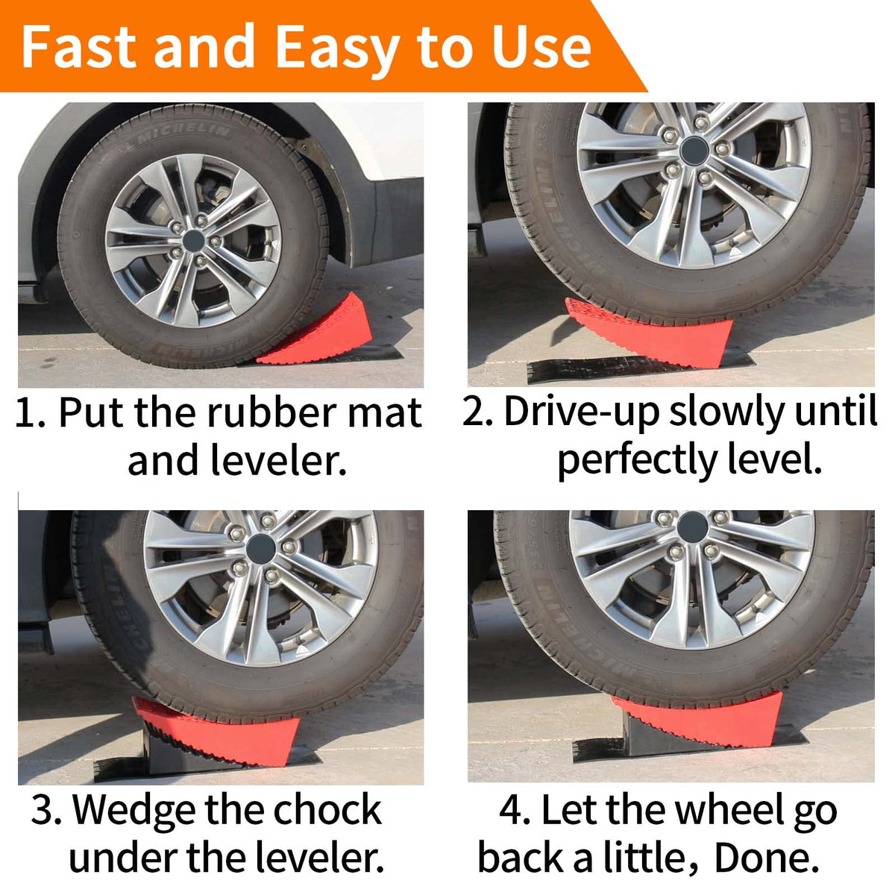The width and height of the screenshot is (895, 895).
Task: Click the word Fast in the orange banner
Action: click(78, 47)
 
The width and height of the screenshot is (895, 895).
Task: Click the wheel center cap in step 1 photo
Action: click(193, 241)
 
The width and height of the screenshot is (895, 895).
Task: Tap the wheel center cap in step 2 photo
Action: click(694, 151)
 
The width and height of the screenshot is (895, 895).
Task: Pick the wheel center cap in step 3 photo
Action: click(261, 548)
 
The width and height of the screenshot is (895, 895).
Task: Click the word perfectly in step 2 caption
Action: click(637, 460)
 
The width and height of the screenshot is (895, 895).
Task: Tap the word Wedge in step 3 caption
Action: click(134, 811)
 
